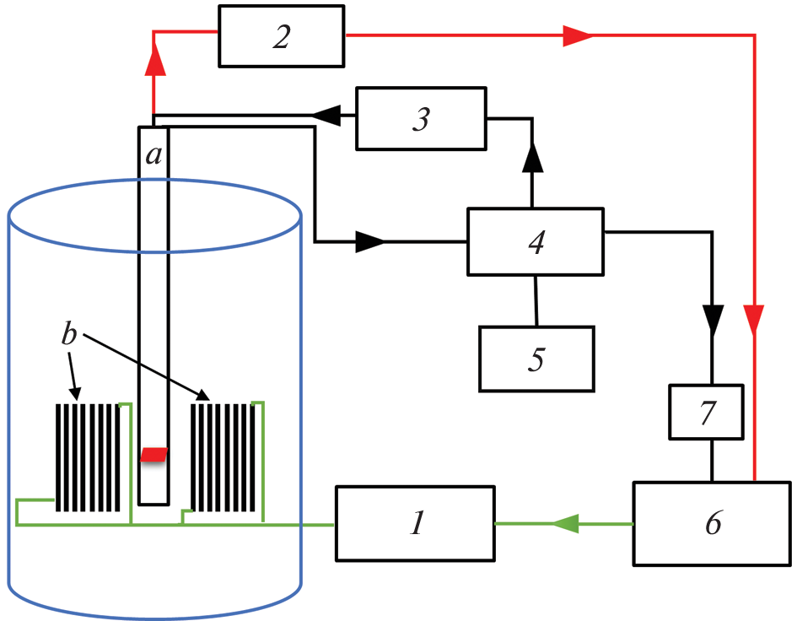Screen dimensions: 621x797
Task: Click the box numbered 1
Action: coord(415,523)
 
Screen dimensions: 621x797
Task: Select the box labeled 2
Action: coord(282,36)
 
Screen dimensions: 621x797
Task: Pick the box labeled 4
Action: coord(536,241)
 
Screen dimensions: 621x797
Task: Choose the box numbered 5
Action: coord(536,359)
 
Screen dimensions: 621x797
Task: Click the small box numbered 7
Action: coord(707,413)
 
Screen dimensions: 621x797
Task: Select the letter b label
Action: coord(70,334)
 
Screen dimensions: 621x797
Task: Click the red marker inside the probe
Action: coord(153,455)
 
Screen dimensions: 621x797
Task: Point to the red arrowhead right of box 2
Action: coord(578,35)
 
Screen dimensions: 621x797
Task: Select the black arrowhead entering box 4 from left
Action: coord(369,242)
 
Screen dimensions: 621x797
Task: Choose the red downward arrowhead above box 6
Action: coord(755,318)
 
